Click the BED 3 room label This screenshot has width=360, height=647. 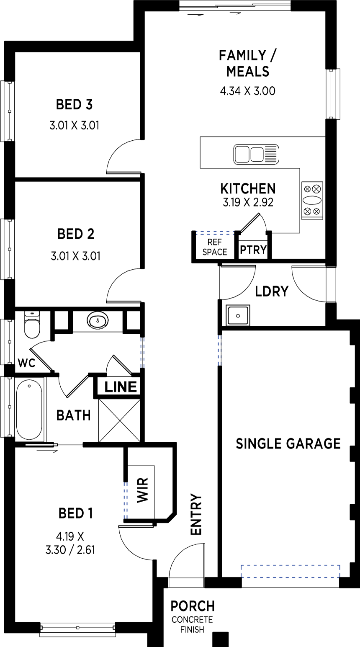(x=74, y=104)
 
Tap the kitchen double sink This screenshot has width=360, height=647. (x=256, y=154)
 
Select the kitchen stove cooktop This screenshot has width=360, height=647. (x=312, y=201)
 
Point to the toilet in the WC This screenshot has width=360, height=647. (x=32, y=324)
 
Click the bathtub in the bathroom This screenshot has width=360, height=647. (x=29, y=410)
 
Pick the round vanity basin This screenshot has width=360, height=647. (x=98, y=320)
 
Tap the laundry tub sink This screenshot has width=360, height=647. (x=238, y=315)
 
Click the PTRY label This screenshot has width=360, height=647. (x=253, y=250)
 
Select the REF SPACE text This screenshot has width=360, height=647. (x=214, y=247)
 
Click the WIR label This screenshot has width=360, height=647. (x=143, y=490)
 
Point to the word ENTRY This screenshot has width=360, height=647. (x=196, y=514)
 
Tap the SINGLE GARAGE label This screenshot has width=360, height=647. (x=288, y=443)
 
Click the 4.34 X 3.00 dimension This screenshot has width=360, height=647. (x=248, y=91)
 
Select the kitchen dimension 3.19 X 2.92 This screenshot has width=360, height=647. (x=248, y=202)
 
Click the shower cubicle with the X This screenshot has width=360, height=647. (x=120, y=420)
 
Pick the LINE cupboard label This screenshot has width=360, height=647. (x=121, y=387)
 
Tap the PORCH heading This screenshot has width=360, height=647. (x=193, y=606)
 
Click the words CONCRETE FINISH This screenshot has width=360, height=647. (x=192, y=624)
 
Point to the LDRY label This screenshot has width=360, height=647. (x=272, y=291)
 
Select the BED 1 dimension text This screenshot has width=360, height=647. (x=70, y=543)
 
